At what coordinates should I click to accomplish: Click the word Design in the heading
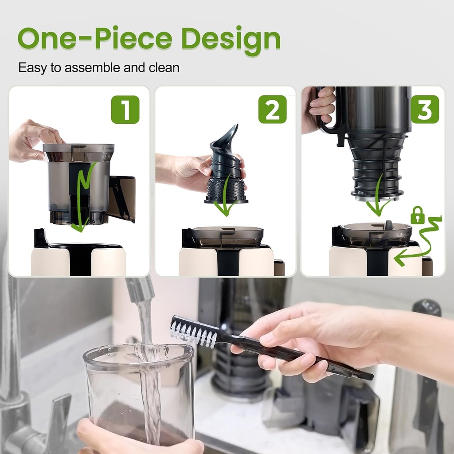tap(231, 39)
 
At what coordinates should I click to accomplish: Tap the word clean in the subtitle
tap(164, 68)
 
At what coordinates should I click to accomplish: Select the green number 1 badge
tap(125, 110)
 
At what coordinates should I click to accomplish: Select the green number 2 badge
tap(272, 110)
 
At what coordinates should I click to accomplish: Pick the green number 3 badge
tap(425, 110)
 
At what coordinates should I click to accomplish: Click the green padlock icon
tap(417, 215)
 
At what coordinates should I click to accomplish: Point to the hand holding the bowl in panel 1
tap(33, 140)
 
